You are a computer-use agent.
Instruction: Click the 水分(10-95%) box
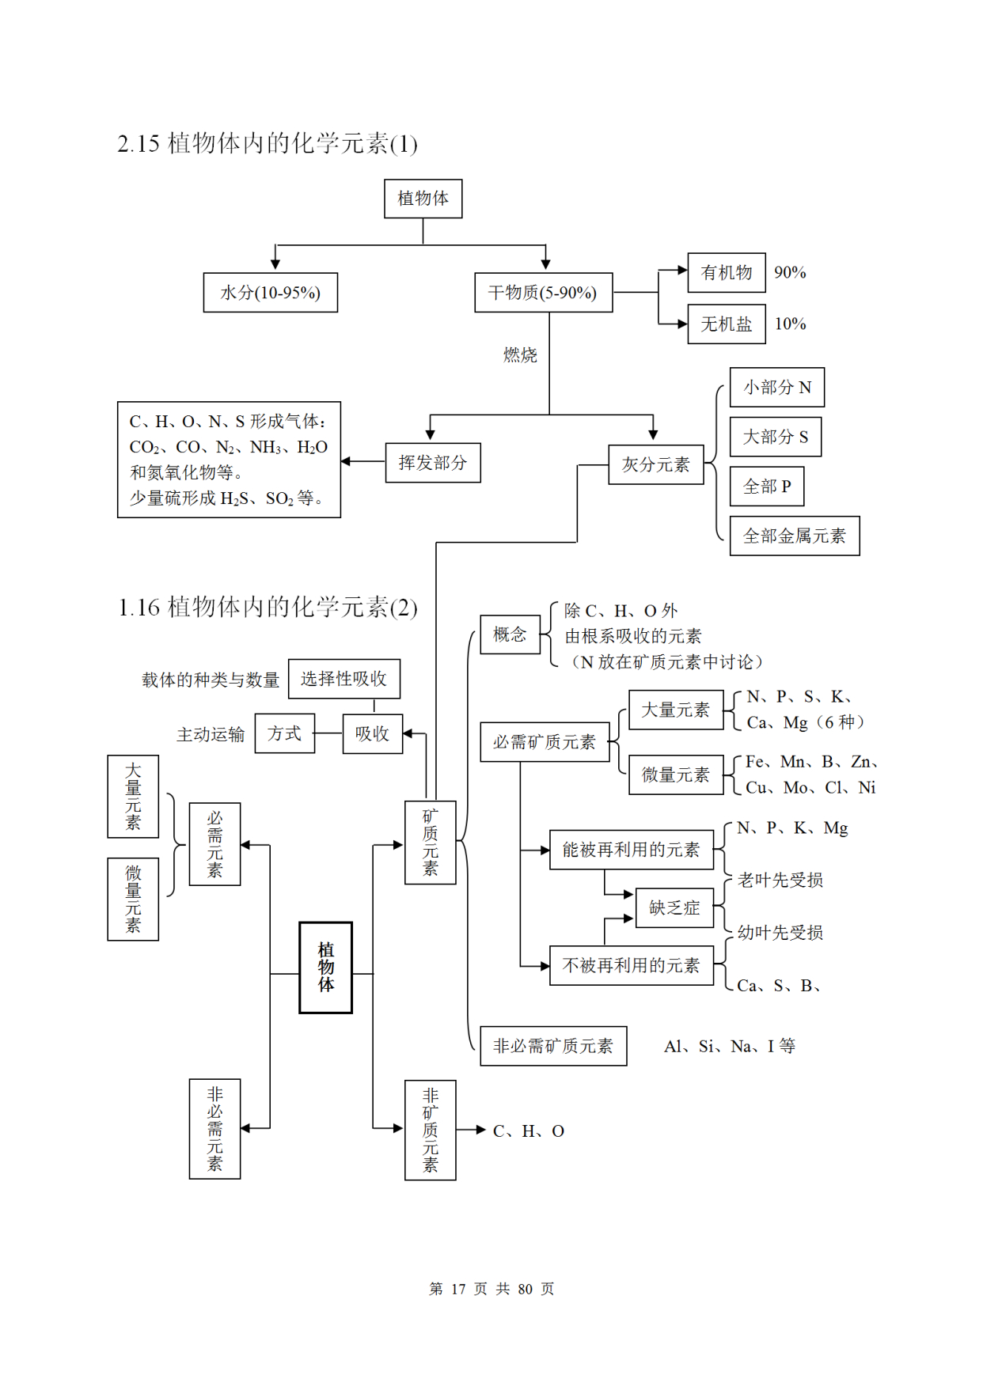[270, 293]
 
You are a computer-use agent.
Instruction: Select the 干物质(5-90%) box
[543, 293]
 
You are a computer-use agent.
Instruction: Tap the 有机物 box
[727, 273]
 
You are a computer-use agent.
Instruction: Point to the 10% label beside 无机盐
[790, 324]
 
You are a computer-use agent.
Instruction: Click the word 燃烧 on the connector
[520, 355]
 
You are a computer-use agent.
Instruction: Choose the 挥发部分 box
[433, 463]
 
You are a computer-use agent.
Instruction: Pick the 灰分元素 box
[655, 464]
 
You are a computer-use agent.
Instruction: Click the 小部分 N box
[776, 388]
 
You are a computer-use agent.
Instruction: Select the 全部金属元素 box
[794, 536]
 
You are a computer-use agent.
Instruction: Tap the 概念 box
[510, 634]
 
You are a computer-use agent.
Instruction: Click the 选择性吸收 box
[343, 679]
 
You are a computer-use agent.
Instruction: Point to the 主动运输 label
[211, 735]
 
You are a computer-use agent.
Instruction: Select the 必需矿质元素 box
[545, 742]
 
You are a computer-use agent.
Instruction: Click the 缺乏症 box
[674, 907]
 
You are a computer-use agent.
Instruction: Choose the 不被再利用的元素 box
[631, 965]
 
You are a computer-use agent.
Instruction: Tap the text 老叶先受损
[780, 880]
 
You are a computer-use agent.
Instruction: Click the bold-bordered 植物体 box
[325, 967]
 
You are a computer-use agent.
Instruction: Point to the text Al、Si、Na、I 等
[729, 1047]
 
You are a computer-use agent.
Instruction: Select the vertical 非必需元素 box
[214, 1129]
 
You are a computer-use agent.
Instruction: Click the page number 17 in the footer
[458, 1289]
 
